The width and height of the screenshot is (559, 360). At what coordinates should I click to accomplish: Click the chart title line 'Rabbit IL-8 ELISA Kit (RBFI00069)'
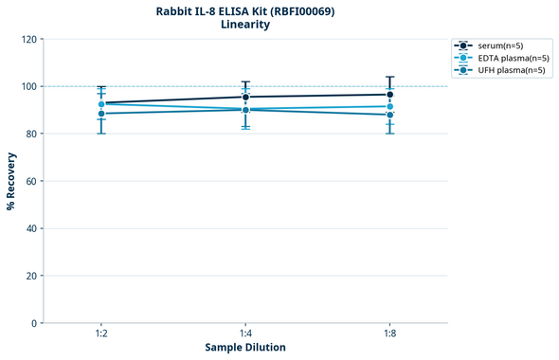tap(245, 10)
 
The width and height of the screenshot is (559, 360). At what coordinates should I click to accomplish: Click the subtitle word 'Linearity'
tap(245, 25)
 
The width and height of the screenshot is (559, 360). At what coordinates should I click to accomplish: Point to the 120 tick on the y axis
tap(29, 40)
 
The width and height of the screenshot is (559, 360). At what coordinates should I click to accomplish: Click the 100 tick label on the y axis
tap(29, 87)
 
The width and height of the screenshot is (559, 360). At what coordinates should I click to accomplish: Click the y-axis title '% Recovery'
tap(11, 181)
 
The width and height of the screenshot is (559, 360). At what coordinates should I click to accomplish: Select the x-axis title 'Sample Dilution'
tap(245, 348)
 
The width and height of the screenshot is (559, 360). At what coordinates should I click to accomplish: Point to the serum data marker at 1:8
tap(389, 95)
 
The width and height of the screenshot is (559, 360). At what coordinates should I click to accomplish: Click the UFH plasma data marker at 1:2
tap(101, 114)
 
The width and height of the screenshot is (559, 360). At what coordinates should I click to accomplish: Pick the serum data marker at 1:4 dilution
tap(245, 97)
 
